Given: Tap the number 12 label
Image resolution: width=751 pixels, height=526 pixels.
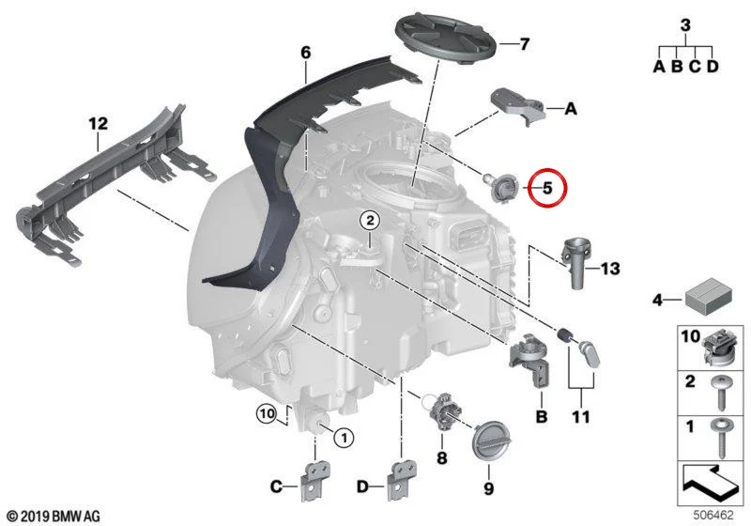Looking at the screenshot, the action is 99,124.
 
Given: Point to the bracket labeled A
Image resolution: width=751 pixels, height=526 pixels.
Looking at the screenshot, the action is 518,106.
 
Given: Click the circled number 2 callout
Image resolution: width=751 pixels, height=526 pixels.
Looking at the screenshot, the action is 370,221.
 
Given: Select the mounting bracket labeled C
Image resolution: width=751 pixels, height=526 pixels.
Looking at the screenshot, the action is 314,481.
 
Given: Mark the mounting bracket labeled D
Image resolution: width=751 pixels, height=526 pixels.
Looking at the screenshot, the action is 402,481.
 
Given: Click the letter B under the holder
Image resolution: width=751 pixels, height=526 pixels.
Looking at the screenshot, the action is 541,417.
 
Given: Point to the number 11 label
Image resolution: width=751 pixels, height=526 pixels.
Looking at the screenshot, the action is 581,417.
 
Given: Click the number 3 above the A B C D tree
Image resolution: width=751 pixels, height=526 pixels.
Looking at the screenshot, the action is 686,25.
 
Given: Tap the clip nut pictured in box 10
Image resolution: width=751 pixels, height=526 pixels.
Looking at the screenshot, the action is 720,348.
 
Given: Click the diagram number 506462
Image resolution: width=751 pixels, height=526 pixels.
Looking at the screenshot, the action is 713,516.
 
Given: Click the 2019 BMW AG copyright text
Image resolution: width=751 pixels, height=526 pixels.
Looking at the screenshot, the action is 54,517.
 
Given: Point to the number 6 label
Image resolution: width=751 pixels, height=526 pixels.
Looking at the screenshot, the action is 306,53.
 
